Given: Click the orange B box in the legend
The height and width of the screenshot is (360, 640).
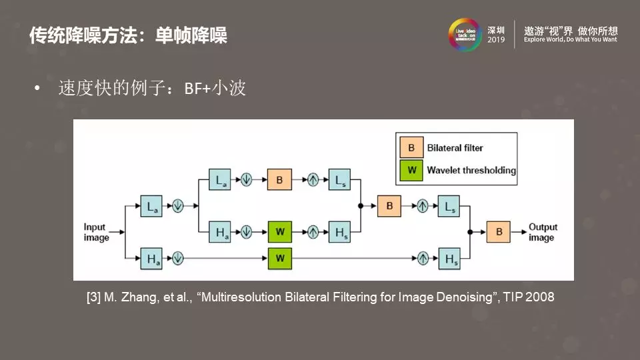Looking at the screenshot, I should click(412, 147).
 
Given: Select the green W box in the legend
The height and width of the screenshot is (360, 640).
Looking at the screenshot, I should click(412, 170).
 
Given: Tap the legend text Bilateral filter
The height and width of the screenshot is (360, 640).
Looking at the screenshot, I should click(455, 147).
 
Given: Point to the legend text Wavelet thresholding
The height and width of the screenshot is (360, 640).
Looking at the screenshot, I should click(471, 170).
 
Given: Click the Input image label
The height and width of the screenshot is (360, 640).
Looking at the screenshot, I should click(96, 233).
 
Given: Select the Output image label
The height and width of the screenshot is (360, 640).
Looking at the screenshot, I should click(542, 232).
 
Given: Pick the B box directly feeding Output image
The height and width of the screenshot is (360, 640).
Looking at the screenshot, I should click(499, 232).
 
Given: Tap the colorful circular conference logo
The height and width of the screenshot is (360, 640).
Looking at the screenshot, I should click(465, 34).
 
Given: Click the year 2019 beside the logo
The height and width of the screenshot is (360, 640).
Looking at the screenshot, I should click(497, 40).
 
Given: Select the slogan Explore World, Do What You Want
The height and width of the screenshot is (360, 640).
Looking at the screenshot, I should click(571, 40).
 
